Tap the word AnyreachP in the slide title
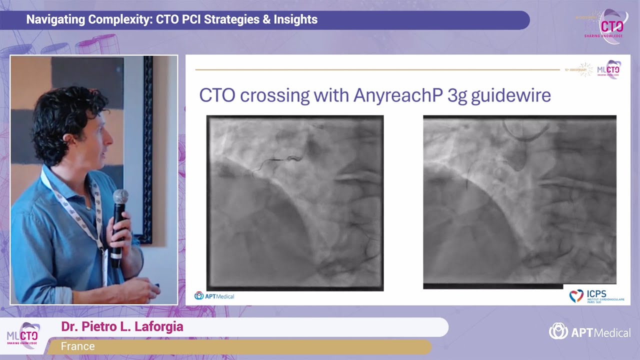coord(397,95)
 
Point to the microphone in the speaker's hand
coord(119,220)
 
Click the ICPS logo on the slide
coord(596,295)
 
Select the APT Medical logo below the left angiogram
coord(214,296)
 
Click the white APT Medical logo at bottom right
coord(589,331)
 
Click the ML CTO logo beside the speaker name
coord(23,335)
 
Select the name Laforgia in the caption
coord(158,327)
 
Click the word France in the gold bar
coord(77,346)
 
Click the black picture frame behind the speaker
coord(147,150)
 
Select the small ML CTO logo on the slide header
coord(608,69)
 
